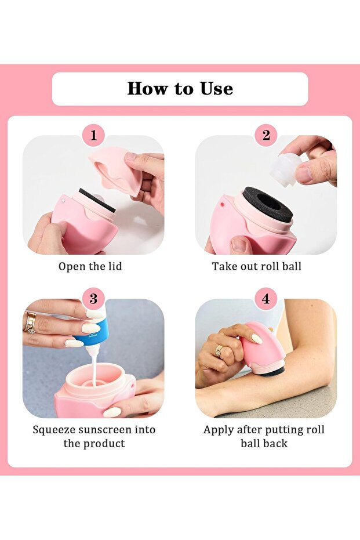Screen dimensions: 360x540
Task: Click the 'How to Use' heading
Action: [180, 89]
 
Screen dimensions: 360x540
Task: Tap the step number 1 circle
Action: [93, 135]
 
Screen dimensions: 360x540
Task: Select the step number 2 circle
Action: [266, 135]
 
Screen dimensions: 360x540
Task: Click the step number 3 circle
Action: [93, 299]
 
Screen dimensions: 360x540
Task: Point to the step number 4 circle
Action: [266, 299]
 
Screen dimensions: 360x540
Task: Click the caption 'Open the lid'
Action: [90, 266]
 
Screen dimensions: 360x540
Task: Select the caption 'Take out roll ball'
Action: [256, 266]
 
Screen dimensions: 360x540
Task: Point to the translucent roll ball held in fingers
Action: [285, 170]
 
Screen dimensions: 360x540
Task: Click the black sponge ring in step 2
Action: [267, 204]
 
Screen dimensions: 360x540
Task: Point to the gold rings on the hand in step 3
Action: [30, 322]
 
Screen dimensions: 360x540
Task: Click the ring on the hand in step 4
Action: [219, 350]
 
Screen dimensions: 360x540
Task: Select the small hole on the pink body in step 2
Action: [223, 204]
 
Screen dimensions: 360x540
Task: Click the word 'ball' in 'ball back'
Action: [250, 443]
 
